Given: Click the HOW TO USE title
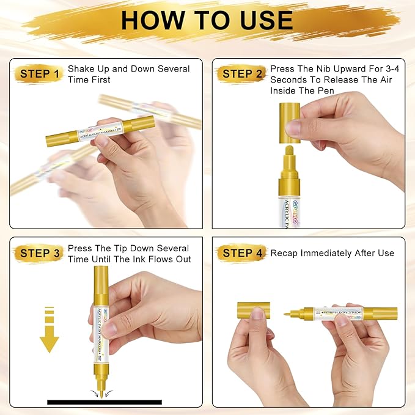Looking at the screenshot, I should pyautogui.click(x=207, y=20).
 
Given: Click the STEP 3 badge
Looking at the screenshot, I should pyautogui.click(x=40, y=253).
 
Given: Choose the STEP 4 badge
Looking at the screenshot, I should pyautogui.click(x=242, y=253).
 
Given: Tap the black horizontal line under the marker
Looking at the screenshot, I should pyautogui.click(x=105, y=402).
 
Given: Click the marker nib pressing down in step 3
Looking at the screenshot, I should pyautogui.click(x=98, y=389).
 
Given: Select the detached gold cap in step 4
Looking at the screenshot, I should pyautogui.click(x=253, y=310).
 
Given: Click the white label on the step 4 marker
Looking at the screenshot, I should pyautogui.click(x=339, y=314).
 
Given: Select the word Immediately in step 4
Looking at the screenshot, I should pyautogui.click(x=331, y=253).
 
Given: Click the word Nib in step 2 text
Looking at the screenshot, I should pyautogui.click(x=327, y=69).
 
